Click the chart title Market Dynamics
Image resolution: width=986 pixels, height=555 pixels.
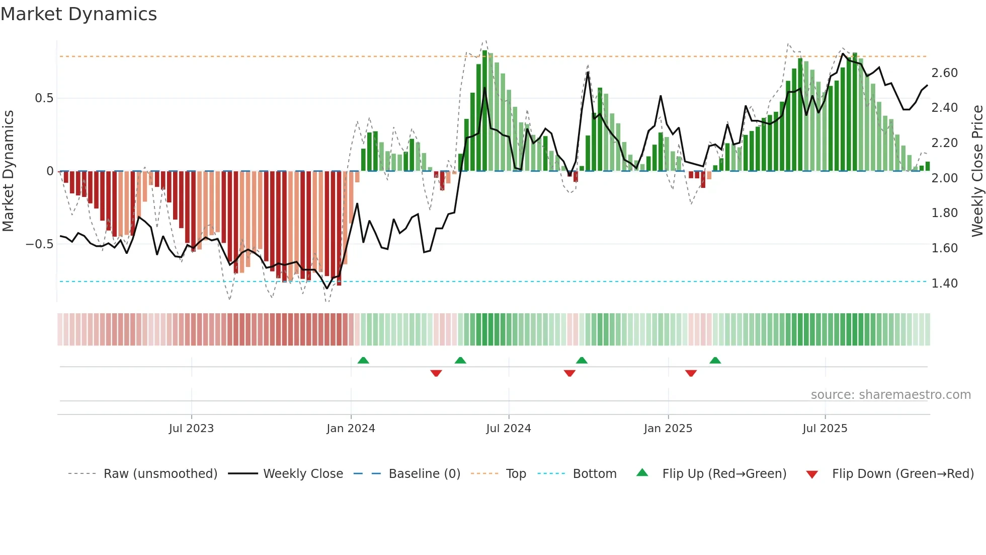[x=78, y=14]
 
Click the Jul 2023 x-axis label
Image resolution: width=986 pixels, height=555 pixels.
[x=191, y=429]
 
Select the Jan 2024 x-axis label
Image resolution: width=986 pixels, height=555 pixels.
[x=351, y=429]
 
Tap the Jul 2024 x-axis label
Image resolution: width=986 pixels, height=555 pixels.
[x=508, y=429]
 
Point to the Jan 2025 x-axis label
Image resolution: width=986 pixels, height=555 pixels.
[x=668, y=429]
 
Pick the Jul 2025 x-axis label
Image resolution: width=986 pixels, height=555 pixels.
[x=825, y=429]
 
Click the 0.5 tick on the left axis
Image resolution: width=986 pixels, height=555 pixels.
[x=44, y=98]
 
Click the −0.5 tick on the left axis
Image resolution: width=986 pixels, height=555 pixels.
[x=39, y=244]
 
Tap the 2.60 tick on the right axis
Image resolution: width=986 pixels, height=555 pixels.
[x=944, y=73]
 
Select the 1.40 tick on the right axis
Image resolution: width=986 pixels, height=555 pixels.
[x=944, y=283]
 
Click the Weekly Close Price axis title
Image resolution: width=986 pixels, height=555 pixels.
[x=977, y=171]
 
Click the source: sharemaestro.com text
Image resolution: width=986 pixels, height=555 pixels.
[x=890, y=395]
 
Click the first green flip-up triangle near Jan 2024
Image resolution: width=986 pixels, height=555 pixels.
[x=363, y=360]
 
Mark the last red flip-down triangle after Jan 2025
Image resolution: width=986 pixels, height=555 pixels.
[x=691, y=373]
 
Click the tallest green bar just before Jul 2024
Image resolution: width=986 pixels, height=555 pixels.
[x=484, y=111]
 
